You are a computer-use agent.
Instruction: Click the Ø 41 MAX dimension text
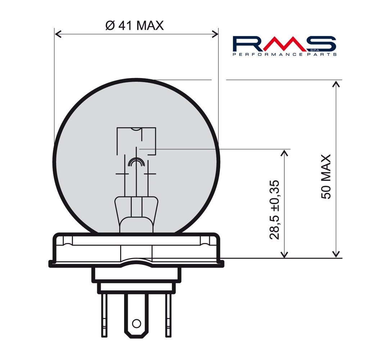(x=135, y=25)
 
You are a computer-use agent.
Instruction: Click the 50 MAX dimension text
(x=326, y=177)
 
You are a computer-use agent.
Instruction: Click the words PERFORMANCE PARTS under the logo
(x=285, y=54)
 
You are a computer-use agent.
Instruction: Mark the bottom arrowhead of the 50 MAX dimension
(x=336, y=254)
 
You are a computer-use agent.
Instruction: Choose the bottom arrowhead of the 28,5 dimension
(x=284, y=254)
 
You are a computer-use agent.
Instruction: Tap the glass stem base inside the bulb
(x=136, y=212)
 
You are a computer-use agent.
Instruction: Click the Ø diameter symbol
(x=110, y=25)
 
